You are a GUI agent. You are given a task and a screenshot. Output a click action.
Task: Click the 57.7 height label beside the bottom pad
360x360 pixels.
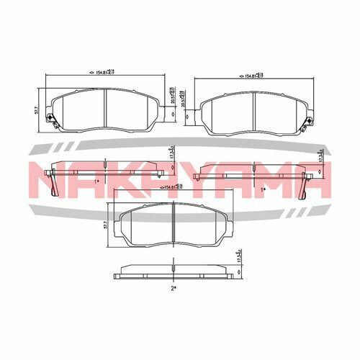click(x=106, y=225)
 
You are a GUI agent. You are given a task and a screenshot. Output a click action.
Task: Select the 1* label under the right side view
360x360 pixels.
click(x=264, y=189)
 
